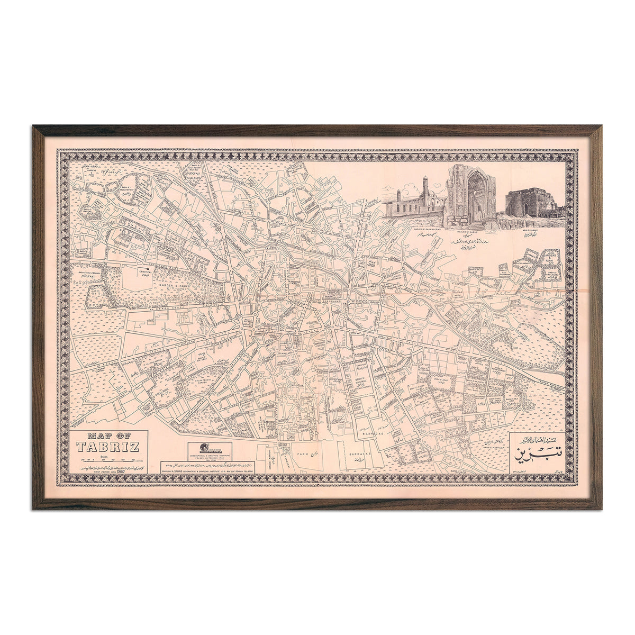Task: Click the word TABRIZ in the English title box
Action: tap(108, 447)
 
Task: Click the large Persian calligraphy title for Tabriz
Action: tap(536, 452)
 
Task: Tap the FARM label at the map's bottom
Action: tap(302, 454)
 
